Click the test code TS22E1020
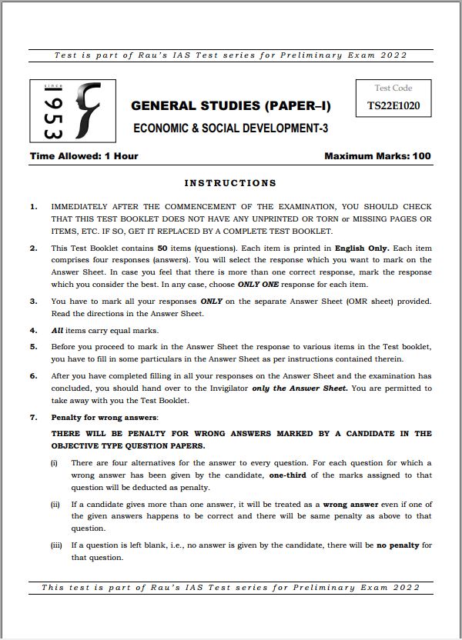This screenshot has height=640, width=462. point(393,108)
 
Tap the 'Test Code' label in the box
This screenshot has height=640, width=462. point(393,88)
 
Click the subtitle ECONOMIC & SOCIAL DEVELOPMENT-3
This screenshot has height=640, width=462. point(231,128)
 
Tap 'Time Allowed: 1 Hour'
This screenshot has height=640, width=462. point(84,156)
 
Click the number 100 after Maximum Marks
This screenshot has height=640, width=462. point(421,156)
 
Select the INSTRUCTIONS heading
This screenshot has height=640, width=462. point(230,183)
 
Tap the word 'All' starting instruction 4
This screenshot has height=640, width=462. point(58,330)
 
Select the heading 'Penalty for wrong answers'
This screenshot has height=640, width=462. point(104,417)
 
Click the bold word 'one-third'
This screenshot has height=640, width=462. point(290,475)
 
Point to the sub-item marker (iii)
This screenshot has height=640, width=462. point(56,545)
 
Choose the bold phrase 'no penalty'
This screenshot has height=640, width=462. point(397,545)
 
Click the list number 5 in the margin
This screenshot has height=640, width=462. point(33,347)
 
